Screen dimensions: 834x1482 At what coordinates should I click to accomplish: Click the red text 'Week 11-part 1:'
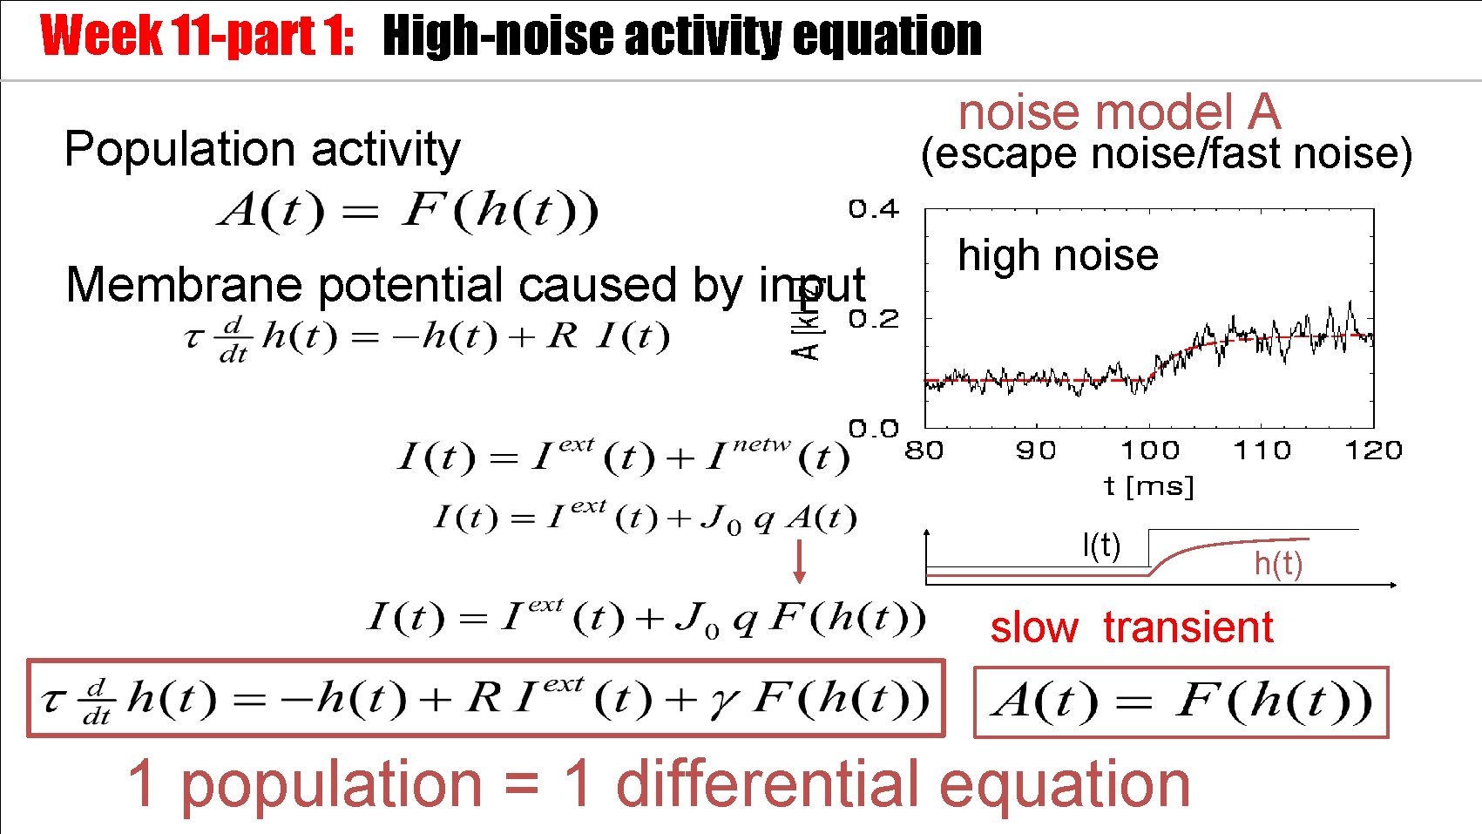[x=197, y=37]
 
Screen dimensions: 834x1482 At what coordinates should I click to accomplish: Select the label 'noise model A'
[x=1119, y=112]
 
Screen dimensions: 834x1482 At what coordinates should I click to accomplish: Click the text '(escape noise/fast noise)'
[x=1166, y=154]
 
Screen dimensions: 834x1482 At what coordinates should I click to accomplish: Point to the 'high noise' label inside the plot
[x=1058, y=255]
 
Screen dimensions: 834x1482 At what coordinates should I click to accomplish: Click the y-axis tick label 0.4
[x=873, y=209]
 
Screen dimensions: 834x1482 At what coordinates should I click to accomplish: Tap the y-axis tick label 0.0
[x=873, y=429]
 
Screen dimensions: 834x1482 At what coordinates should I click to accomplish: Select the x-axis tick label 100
[x=1150, y=451]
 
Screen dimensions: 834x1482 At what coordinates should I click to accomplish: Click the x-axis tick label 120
[x=1373, y=451]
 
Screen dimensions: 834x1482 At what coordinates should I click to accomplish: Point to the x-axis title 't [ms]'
[x=1148, y=485]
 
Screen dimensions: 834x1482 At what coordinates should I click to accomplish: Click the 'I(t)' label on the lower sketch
[x=1101, y=546]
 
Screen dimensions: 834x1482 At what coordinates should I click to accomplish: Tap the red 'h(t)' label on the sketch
[x=1278, y=564]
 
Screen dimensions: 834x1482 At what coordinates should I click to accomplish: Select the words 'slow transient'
[x=1131, y=627]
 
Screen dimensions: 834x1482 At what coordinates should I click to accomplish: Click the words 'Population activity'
[x=261, y=149]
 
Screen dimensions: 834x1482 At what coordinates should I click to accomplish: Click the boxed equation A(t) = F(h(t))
[x=1181, y=702]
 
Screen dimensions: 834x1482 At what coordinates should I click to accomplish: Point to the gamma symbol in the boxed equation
[x=722, y=701]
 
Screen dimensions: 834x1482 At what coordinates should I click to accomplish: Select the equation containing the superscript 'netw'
[x=623, y=456]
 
